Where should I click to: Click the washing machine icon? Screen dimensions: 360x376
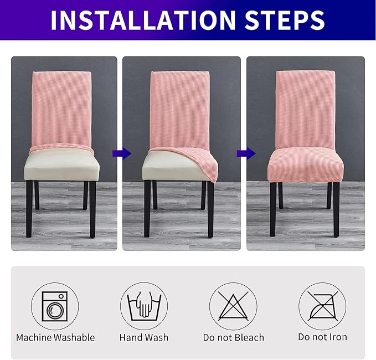pyautogui.click(x=55, y=305)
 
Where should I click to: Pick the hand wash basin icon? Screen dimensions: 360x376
pyautogui.click(x=144, y=305)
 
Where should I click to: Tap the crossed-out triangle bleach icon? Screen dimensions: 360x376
pyautogui.click(x=233, y=305)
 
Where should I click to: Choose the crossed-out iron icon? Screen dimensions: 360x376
pyautogui.click(x=322, y=305)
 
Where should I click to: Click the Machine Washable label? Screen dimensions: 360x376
pyautogui.click(x=55, y=337)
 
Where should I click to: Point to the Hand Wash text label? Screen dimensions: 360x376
pyautogui.click(x=144, y=337)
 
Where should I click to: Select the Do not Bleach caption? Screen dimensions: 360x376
pyautogui.click(x=233, y=337)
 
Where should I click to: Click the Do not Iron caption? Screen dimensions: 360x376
pyautogui.click(x=322, y=337)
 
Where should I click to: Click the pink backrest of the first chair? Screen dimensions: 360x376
pyautogui.click(x=61, y=108)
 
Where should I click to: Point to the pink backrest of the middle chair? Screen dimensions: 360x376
pyautogui.click(x=179, y=105)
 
